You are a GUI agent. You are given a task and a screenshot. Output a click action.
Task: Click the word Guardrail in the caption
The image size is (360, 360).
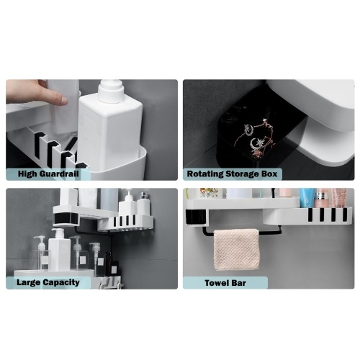click(60, 174)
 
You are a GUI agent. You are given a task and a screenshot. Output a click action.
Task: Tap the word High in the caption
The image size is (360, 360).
click(28, 174)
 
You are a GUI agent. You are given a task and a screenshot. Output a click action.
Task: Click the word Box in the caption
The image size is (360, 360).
click(269, 174)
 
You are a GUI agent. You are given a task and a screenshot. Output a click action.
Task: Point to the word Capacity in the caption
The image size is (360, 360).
click(61, 282)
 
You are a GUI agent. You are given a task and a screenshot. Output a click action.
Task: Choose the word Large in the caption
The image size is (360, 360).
click(29, 282)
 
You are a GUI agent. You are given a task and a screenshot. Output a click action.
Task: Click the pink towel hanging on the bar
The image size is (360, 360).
click(236, 249)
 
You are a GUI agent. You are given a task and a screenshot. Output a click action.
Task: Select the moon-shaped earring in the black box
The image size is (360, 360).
click(254, 143)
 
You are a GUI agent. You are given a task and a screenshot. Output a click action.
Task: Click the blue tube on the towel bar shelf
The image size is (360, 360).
click(307, 197)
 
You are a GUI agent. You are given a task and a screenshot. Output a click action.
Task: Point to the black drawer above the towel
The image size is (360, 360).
click(196, 218)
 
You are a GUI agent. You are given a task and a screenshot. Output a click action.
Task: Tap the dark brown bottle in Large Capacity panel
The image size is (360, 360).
click(111, 264)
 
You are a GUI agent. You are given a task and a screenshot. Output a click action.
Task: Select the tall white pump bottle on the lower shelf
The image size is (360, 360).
click(59, 249)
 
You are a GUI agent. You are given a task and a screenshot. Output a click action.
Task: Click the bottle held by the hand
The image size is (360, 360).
click(64, 107)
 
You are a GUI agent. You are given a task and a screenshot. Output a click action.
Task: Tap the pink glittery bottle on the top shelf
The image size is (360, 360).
click(339, 197)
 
